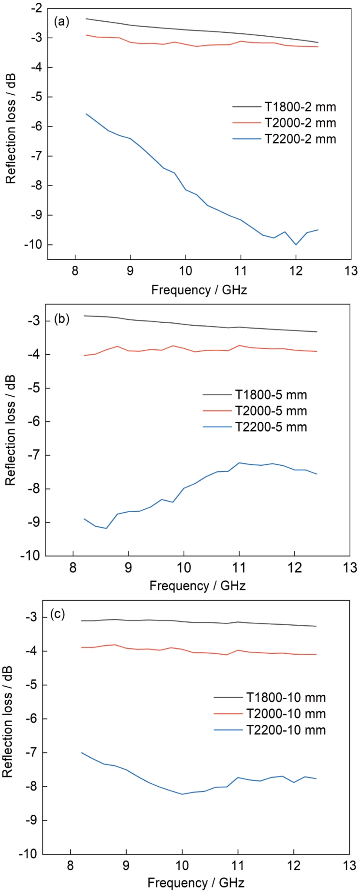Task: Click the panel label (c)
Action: coord(58,615)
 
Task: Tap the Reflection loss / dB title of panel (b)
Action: coord(10,430)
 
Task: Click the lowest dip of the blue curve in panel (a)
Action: coord(296,245)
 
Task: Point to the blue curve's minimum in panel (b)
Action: coord(106,528)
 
